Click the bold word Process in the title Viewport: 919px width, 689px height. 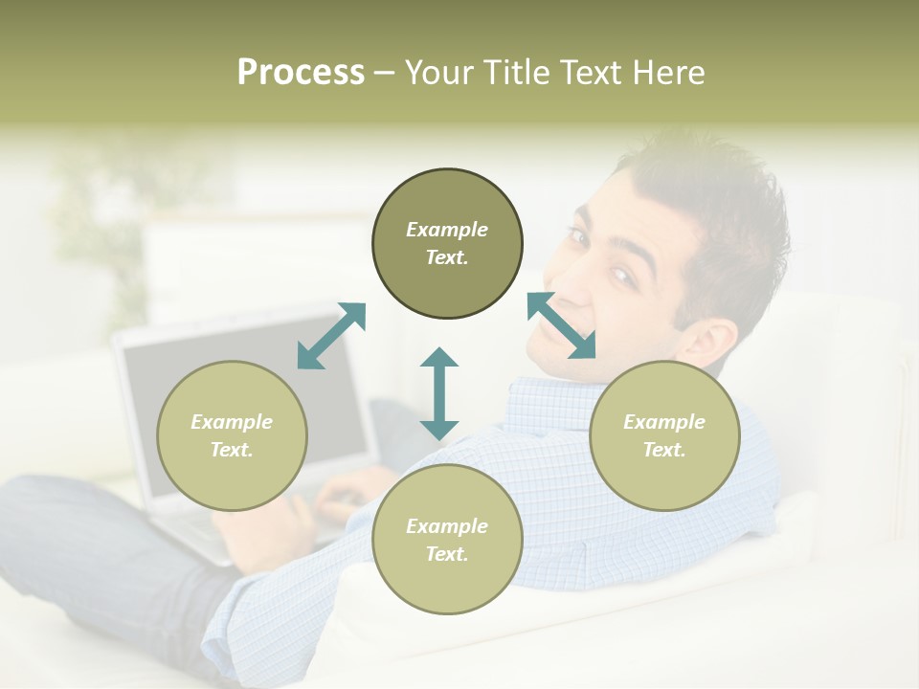tap(301, 73)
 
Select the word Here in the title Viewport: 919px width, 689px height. tap(668, 73)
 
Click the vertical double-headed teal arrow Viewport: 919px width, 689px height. tap(439, 393)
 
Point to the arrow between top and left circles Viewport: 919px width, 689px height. tap(331, 336)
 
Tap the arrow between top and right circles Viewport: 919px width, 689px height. tap(562, 325)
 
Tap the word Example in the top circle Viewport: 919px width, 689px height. tap(447, 230)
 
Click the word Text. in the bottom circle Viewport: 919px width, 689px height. tap(447, 554)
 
